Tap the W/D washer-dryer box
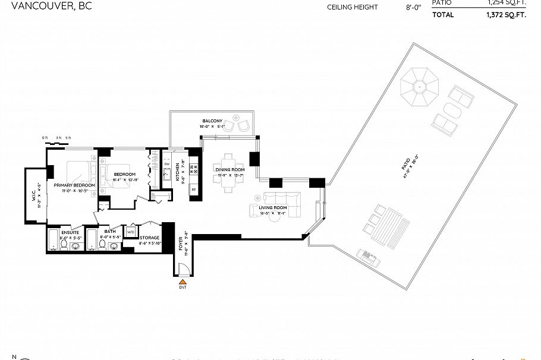130,232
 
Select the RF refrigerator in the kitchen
193,191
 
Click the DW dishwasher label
167,164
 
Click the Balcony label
212,121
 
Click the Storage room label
149,238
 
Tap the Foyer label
181,243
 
